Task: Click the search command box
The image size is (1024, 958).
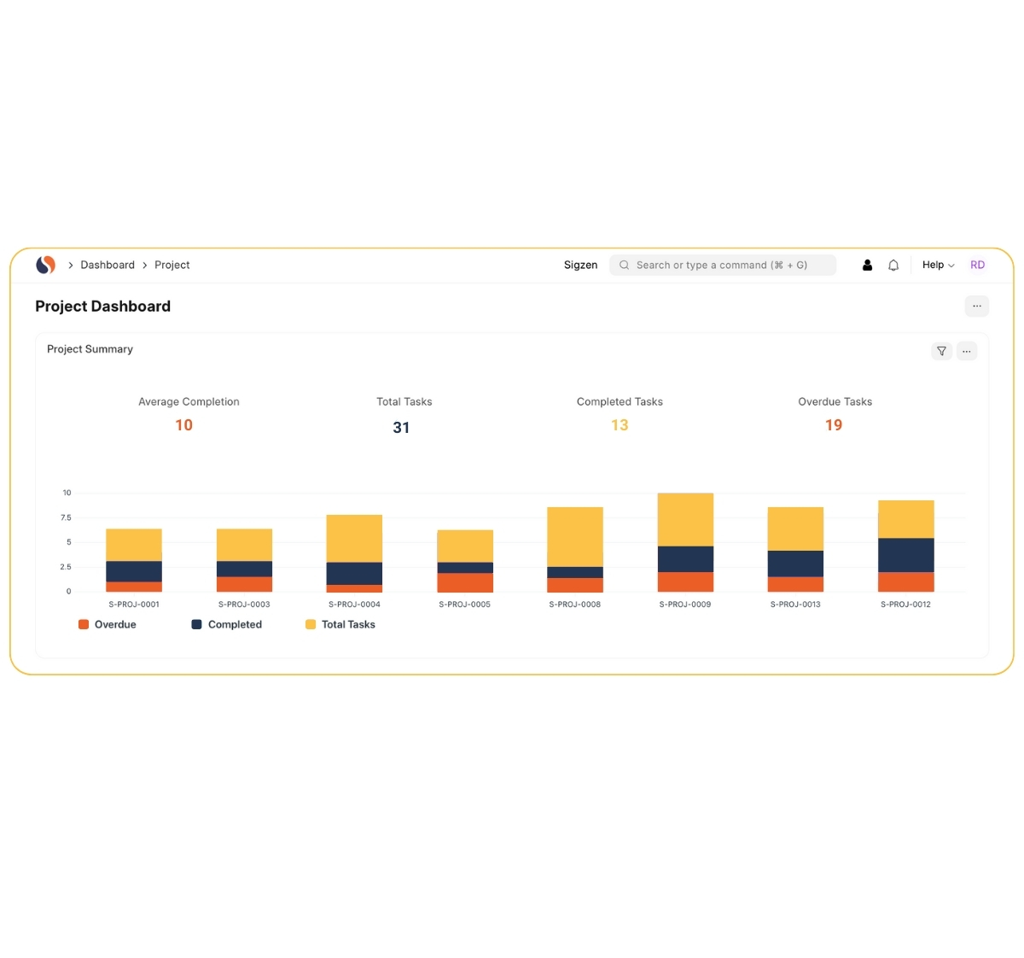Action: click(722, 266)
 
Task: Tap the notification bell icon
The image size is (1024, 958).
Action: click(893, 266)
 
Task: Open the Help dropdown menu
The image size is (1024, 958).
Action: click(938, 266)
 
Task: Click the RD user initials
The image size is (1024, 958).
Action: click(977, 266)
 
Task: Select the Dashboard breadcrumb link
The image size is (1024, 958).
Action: click(108, 266)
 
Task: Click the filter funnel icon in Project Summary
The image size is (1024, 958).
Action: click(941, 351)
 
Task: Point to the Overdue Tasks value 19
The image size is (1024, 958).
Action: click(834, 425)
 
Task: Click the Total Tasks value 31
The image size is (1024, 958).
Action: click(401, 428)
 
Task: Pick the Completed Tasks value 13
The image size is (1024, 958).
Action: click(620, 425)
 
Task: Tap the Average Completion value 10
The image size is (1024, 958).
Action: click(183, 425)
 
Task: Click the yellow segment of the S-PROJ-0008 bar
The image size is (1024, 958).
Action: click(575, 536)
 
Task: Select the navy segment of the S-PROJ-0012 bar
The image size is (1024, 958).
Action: click(905, 555)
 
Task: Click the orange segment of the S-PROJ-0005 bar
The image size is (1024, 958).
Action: click(465, 582)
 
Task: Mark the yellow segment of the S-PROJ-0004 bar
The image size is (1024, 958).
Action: click(354, 538)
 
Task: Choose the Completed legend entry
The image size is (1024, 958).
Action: click(227, 625)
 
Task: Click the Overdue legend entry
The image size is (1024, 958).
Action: click(108, 625)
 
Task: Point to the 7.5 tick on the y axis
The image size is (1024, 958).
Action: click(66, 517)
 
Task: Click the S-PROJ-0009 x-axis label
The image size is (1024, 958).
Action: click(685, 605)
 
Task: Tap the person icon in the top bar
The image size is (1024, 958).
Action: click(867, 266)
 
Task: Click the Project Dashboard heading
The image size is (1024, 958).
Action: click(103, 307)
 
